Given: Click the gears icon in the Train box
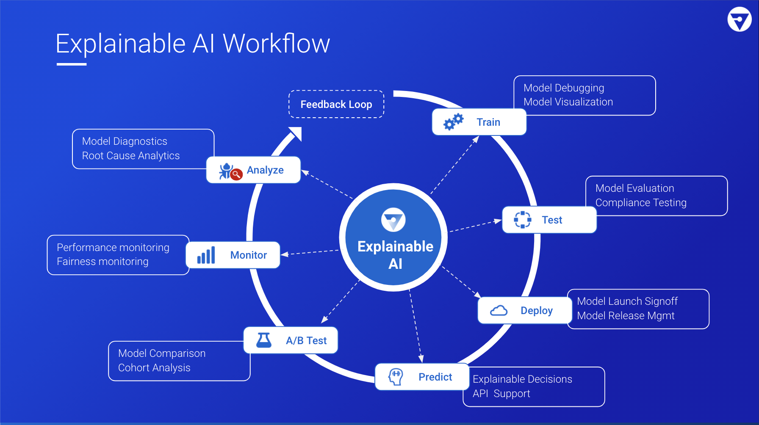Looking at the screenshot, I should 453,122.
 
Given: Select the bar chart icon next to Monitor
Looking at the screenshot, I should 206,255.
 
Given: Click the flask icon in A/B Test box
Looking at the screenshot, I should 264,340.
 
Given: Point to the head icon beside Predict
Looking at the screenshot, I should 396,376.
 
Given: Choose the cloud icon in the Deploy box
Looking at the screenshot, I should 499,311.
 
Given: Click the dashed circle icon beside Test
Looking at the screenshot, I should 523,220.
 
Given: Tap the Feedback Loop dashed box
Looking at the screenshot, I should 336,104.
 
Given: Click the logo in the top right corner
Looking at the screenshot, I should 740,19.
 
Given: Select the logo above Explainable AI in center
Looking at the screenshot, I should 393,220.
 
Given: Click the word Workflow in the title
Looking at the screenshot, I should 276,44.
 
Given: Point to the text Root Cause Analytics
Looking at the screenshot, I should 131,156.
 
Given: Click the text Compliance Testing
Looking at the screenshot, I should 641,203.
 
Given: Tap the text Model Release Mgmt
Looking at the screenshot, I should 626,316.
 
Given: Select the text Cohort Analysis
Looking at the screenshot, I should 154,368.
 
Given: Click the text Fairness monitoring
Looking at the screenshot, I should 102,262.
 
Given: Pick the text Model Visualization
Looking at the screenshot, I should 568,102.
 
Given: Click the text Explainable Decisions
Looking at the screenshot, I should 522,379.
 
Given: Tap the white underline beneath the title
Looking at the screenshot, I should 72,64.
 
